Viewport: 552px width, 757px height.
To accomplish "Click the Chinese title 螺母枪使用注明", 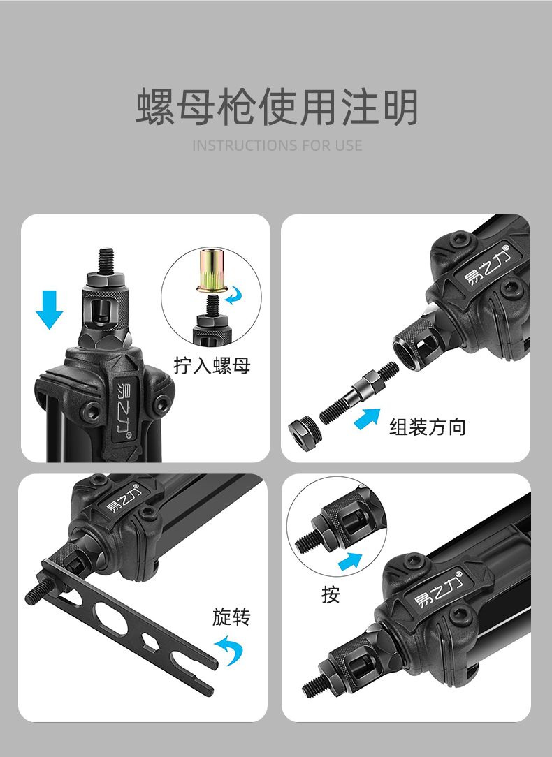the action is tap(276, 107).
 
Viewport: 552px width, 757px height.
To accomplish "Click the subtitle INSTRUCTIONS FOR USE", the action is tap(277, 145).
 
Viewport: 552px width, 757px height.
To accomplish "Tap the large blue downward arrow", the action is tap(49, 309).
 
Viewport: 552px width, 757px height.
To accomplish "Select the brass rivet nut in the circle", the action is tap(212, 270).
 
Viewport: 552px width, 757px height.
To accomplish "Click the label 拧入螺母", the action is tap(212, 365).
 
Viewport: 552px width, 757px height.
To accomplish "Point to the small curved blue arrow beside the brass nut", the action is tap(234, 295).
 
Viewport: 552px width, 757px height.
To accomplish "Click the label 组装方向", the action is tap(428, 427).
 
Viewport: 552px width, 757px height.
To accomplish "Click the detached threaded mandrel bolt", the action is tap(359, 392).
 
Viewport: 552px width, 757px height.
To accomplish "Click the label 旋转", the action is tap(231, 617).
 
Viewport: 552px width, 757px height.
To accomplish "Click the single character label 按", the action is tap(331, 595).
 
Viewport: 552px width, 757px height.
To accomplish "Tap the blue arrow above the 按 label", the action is tap(350, 561).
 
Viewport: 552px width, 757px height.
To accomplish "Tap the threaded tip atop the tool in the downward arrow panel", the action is tap(106, 260).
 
